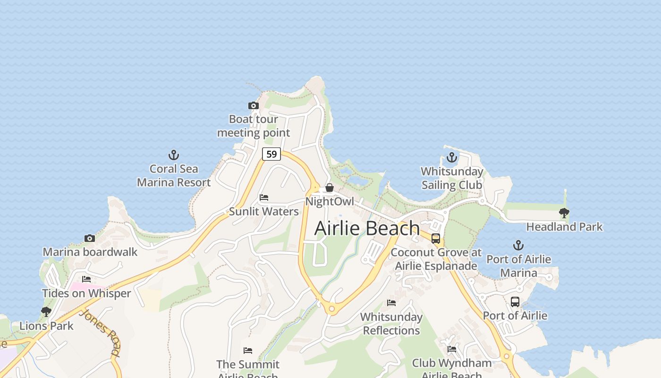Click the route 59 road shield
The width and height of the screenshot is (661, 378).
pos(271,154)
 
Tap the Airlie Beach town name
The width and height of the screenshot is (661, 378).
pos(367,228)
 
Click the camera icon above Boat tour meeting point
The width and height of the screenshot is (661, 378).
pos(254,105)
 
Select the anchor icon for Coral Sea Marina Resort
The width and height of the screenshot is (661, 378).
pos(174,155)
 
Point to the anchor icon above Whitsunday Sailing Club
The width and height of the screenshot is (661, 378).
pos(452,157)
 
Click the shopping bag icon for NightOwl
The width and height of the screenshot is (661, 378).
pos(330,188)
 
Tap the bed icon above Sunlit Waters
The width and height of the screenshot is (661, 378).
pos(264,198)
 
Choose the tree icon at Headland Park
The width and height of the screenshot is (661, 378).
pos(564,213)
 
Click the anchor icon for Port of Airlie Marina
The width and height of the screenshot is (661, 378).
pos(518,245)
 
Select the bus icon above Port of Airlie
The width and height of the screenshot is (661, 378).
pos(515,302)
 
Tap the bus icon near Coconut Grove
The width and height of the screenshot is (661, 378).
pos(436,239)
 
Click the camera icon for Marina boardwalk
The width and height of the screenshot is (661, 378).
pos(90,238)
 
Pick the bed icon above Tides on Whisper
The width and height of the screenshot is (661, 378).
pos(86,279)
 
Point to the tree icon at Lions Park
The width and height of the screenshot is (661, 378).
pos(46,312)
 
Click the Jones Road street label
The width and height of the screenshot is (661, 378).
pos(100,332)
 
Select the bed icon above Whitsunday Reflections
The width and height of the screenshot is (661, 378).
pos(391,302)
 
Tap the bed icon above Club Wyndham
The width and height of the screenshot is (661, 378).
pos(452,349)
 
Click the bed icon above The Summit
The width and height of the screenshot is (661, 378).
pos(248,350)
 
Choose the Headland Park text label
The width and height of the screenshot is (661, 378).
pos(564,227)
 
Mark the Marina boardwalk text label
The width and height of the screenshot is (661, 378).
pos(90,252)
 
